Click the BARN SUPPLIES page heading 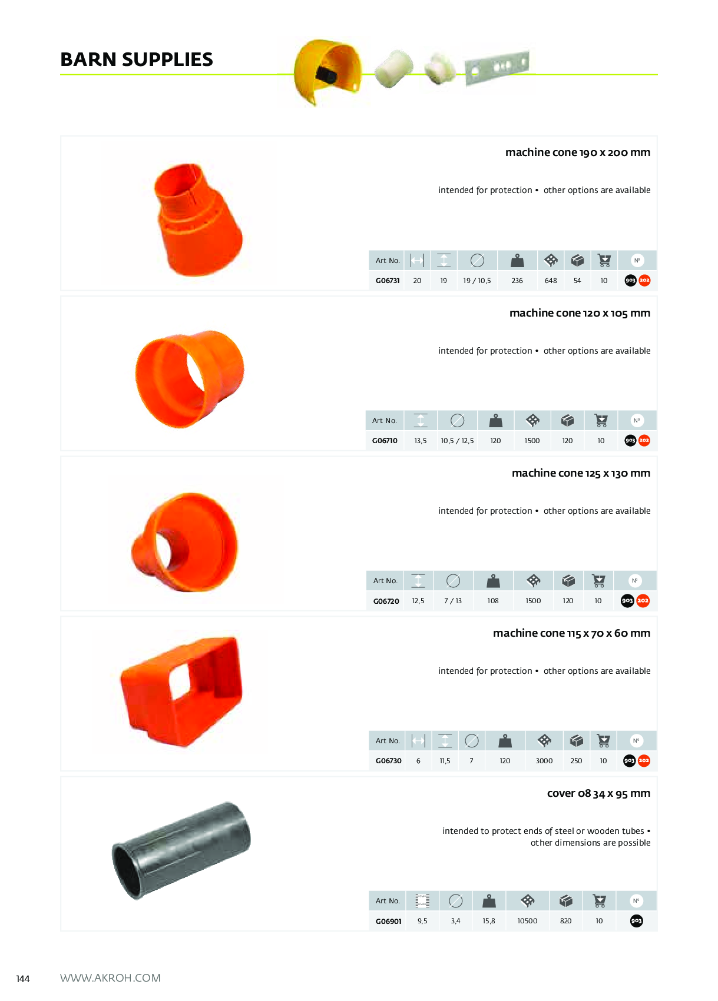coord(137,59)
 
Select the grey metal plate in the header coord(497,68)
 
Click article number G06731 coord(388,281)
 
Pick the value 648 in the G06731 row coord(551,281)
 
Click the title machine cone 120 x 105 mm coord(580,313)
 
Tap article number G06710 coord(385,441)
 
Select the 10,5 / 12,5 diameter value coord(457,441)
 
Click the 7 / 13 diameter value coord(453,601)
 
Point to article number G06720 coord(386,601)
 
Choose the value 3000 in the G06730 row coord(544,760)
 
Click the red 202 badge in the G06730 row coord(644,760)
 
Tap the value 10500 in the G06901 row coord(527,921)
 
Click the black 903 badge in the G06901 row coord(636,921)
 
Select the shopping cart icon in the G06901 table coord(600,900)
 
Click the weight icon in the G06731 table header coord(517,260)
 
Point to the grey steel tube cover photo coord(181,850)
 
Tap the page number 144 coord(23,979)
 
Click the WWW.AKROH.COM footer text coord(111,978)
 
